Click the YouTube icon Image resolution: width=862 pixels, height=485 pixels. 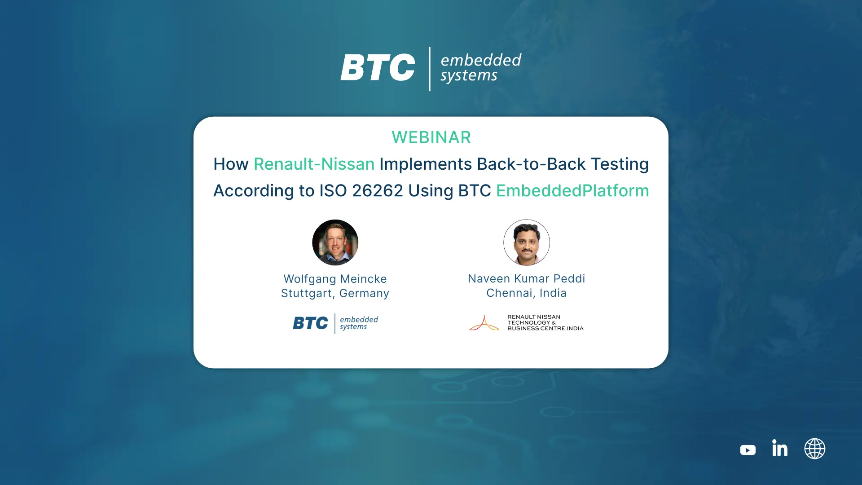[x=748, y=450]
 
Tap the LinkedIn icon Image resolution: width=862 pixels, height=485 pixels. [x=780, y=448]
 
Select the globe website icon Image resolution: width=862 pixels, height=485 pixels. [x=814, y=449]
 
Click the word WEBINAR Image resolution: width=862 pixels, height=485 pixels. [x=431, y=137]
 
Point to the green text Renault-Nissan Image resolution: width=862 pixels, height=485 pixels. [x=314, y=164]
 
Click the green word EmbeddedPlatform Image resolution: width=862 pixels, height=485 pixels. [x=572, y=190]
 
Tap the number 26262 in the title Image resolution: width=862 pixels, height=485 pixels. [x=378, y=190]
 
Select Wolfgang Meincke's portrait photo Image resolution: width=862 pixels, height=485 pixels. [x=335, y=242]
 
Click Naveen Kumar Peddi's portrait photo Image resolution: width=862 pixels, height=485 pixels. [x=527, y=242]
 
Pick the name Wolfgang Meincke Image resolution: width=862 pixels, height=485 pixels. [x=335, y=279]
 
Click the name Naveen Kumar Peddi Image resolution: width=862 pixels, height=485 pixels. [x=527, y=278]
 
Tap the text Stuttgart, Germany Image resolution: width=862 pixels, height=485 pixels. [x=335, y=293]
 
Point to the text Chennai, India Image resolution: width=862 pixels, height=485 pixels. [x=527, y=293]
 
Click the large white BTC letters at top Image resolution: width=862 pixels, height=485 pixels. [x=378, y=67]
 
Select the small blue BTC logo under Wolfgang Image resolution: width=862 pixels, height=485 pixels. [x=310, y=323]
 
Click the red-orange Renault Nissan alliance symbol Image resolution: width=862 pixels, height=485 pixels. [x=484, y=323]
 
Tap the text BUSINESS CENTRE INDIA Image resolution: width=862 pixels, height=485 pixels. [x=545, y=328]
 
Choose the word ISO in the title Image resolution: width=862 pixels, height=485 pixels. [x=333, y=190]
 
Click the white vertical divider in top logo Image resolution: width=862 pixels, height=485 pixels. [x=430, y=69]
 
